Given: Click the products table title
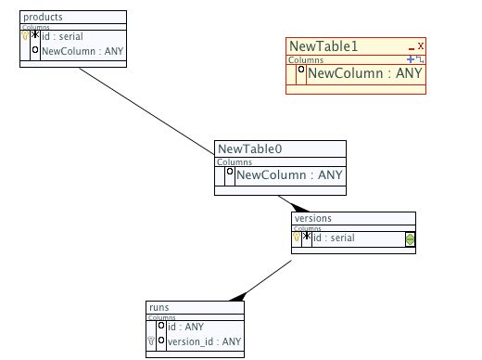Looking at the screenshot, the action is [x=43, y=17].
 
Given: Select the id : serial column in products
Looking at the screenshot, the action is [x=62, y=36].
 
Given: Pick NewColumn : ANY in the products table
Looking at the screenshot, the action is [x=82, y=51].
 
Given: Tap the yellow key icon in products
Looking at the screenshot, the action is [x=25, y=35].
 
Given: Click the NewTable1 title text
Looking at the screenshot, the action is [x=323, y=46].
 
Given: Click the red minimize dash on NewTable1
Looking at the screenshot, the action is [x=412, y=49].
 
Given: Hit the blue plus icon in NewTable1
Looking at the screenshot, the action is [x=411, y=59].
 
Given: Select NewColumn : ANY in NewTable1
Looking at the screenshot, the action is [x=365, y=73].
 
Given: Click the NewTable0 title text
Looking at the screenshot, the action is [x=250, y=149].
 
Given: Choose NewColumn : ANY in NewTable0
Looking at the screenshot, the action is [x=289, y=175].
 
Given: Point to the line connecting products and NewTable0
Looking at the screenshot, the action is [x=146, y=111].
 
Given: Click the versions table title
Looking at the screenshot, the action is [x=313, y=218].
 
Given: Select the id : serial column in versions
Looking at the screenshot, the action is [x=334, y=238].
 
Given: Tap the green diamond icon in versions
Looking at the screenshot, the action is [x=410, y=239].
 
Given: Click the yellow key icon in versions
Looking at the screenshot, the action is [x=297, y=237].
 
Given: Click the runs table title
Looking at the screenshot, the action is [x=159, y=307].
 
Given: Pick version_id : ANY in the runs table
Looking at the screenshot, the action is [x=204, y=341].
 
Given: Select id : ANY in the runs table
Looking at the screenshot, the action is [x=185, y=327].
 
